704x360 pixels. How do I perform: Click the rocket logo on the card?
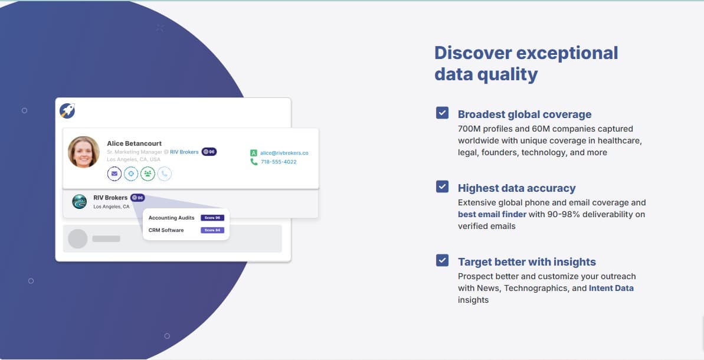tap(67, 110)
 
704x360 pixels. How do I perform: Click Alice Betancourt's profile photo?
tap(84, 152)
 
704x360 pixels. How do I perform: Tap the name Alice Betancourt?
tap(134, 143)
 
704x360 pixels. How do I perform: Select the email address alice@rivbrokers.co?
tap(284, 153)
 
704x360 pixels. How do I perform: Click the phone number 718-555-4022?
tap(279, 162)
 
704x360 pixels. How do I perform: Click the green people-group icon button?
tap(148, 174)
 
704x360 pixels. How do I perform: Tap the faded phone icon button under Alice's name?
tap(164, 174)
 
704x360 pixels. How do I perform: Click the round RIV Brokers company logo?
tap(80, 202)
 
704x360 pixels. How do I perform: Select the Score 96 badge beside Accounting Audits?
tap(212, 218)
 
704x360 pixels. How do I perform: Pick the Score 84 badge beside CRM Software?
tap(212, 230)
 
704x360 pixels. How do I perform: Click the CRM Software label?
tap(166, 230)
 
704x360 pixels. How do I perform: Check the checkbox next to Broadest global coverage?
tap(442, 113)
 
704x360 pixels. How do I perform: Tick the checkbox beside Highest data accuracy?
tap(442, 186)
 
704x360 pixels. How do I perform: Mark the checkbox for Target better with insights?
tap(442, 260)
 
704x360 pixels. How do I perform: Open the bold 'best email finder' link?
tap(492, 214)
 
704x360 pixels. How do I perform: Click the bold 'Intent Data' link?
tap(611, 288)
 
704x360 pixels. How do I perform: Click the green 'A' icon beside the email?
tap(254, 153)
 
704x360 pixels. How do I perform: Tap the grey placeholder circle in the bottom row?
tap(78, 239)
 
